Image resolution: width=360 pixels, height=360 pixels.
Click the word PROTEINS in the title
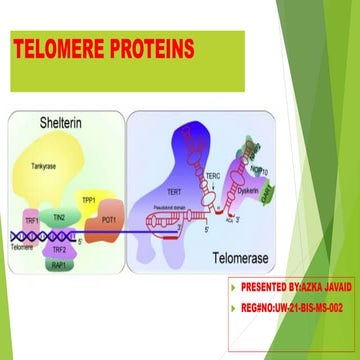coord(153,49)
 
